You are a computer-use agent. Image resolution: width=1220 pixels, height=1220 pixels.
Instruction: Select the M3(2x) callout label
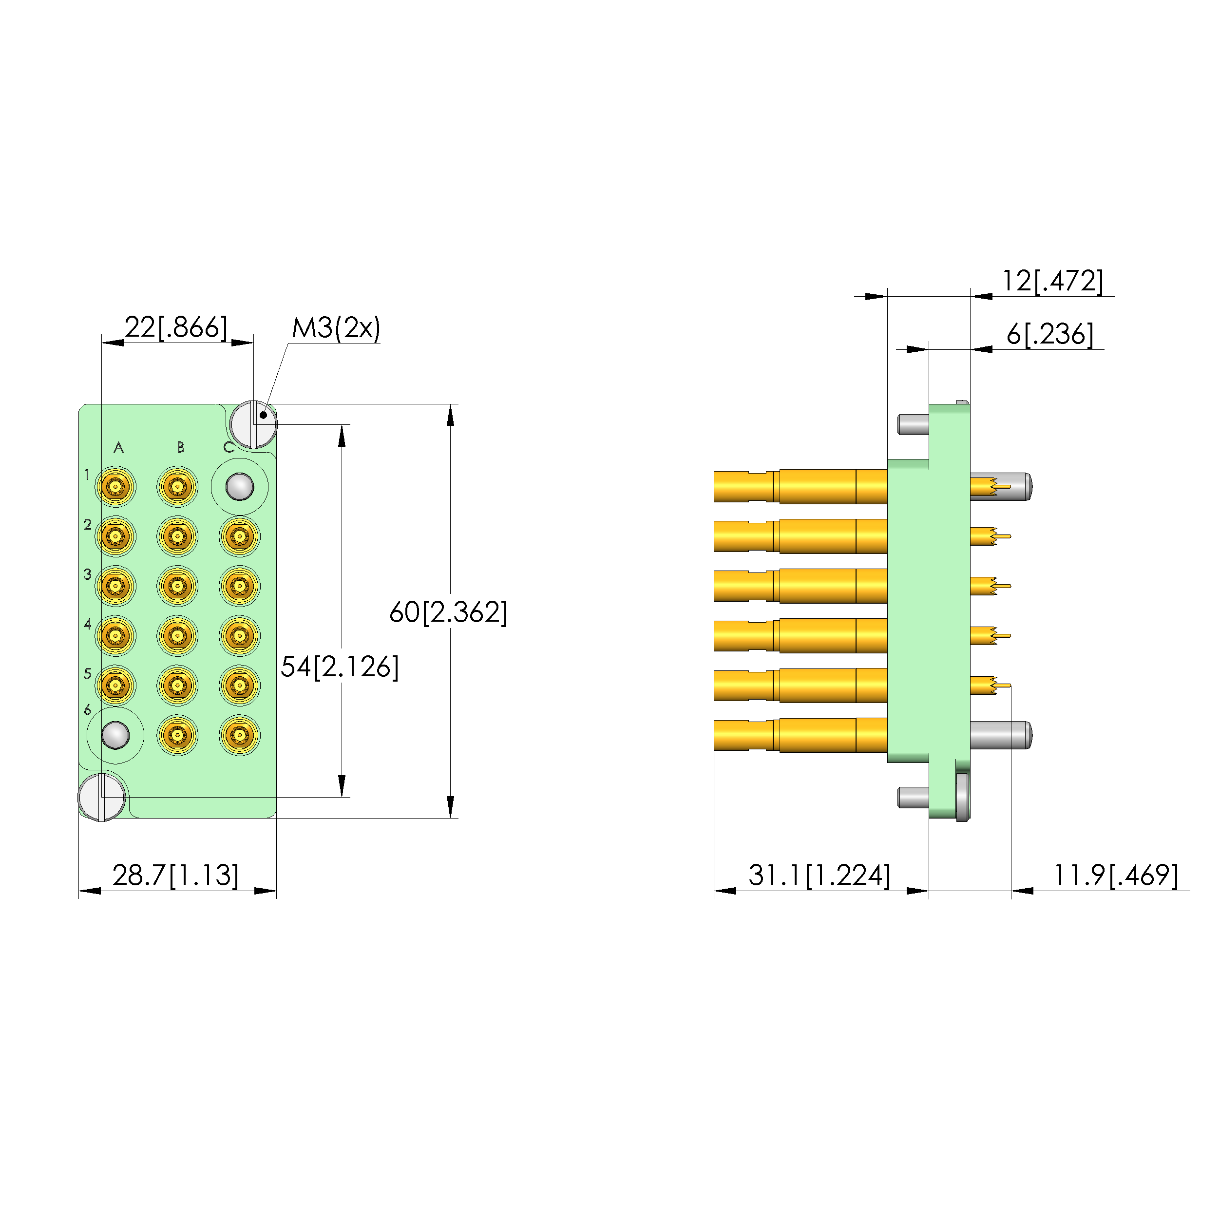coord(336,328)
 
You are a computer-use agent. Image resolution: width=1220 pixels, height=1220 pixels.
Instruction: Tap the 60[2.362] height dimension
coord(448,612)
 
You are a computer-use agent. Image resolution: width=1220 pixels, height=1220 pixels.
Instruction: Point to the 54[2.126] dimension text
coord(340,667)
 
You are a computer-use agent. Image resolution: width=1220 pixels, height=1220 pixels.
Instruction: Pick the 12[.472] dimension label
coord(1053,281)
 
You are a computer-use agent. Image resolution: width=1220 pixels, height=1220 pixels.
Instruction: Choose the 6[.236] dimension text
coord(1049,334)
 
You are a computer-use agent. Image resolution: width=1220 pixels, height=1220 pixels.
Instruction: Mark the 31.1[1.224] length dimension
coord(819,875)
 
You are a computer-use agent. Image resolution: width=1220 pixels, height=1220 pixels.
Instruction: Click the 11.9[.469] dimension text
coord(1115,875)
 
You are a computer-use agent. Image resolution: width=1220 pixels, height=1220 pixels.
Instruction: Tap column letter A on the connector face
coord(118,448)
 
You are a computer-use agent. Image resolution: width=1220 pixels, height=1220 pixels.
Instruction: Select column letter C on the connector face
coord(229,448)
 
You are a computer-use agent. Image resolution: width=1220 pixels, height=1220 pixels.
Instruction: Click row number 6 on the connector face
coord(87,710)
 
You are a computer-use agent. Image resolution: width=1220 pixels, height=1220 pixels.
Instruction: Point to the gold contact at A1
coord(115,487)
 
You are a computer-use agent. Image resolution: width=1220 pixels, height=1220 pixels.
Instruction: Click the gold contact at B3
coord(177,586)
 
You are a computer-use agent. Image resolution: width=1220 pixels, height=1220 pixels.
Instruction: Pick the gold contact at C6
coord(239,735)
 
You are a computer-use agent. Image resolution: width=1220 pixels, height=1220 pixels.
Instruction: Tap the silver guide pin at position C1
coord(239,487)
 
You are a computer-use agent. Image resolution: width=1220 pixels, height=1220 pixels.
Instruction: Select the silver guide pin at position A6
coord(115,735)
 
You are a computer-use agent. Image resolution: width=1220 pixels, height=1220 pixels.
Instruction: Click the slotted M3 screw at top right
coord(253,424)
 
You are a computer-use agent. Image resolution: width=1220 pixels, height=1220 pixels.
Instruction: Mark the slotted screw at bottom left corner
coord(102,797)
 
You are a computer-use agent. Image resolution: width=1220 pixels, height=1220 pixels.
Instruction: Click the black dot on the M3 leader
coord(263,415)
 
